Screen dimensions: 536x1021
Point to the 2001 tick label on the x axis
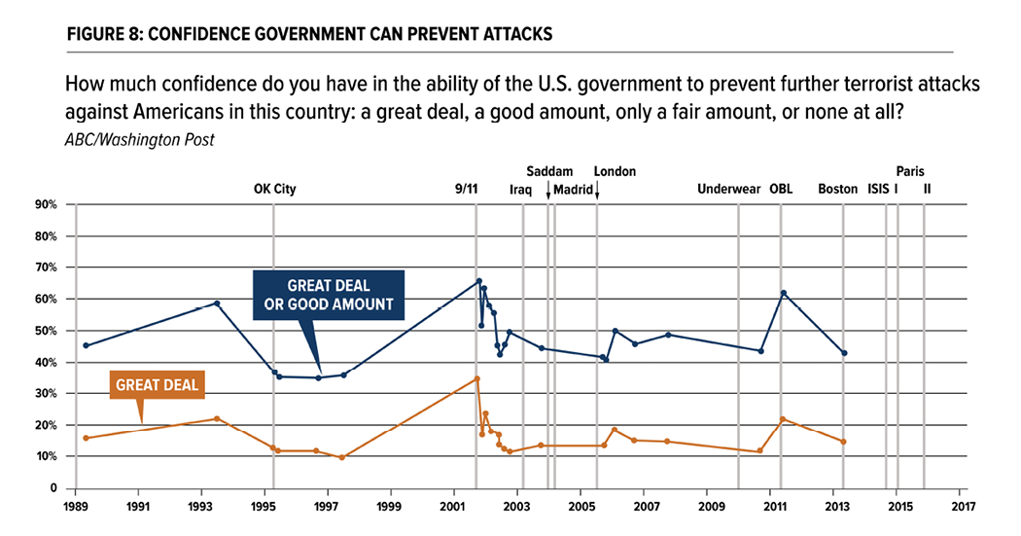point(453,507)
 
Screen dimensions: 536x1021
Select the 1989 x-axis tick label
point(76,507)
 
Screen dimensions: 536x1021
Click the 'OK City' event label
point(274,190)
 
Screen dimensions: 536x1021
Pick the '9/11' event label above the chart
point(467,190)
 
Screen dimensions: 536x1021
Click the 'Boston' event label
point(837,190)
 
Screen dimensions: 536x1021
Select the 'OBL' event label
point(781,190)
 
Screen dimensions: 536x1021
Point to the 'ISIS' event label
point(878,190)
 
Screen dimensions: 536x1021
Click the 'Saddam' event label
point(549,171)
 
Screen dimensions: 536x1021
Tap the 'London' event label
point(615,171)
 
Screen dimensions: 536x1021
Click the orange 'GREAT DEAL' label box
point(157,385)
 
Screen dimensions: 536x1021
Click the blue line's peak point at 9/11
point(478,281)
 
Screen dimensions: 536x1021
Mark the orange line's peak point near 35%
point(476,378)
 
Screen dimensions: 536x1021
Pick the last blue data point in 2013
point(844,353)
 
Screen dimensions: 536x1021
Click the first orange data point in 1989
point(87,438)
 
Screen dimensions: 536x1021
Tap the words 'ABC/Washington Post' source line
point(139,139)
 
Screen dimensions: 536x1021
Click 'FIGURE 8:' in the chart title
point(104,34)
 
